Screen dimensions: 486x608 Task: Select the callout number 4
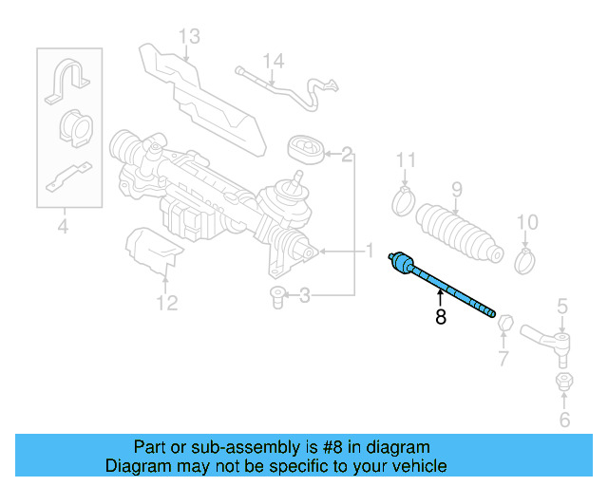coord(63,226)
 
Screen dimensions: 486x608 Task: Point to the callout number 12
coord(166,303)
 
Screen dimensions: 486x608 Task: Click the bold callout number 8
coord(440,318)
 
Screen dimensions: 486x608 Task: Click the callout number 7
coord(503,359)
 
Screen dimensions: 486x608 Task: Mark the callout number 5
coord(562,306)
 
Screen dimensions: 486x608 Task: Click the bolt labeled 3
coord(277,295)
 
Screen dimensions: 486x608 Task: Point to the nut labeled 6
coord(562,383)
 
